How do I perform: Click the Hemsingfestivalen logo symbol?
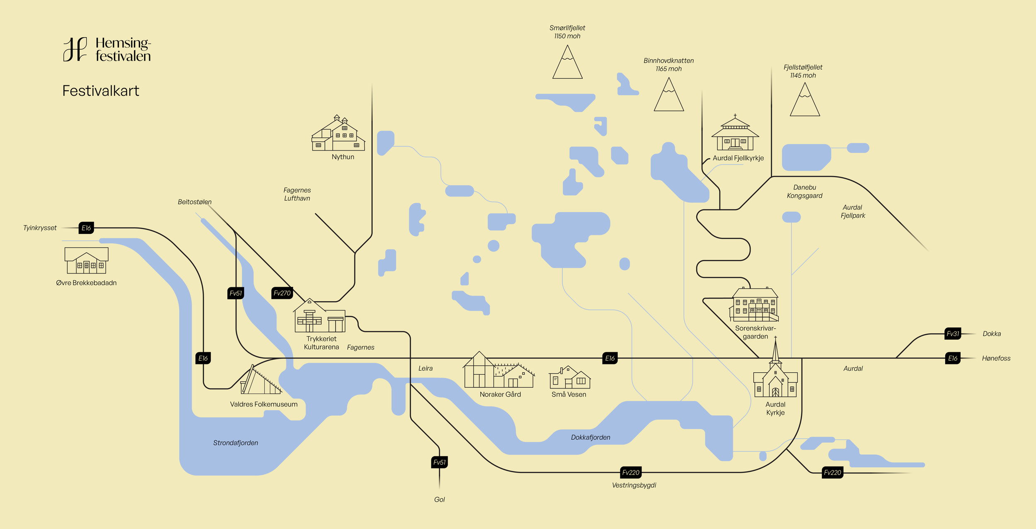pos(75,49)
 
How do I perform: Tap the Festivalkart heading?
pos(101,91)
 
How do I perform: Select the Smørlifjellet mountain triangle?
pos(567,63)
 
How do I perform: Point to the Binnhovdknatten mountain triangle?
pos(668,96)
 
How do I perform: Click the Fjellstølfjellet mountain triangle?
pos(804,101)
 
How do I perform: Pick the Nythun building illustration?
pos(338,133)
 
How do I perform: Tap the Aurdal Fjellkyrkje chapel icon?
pos(735,133)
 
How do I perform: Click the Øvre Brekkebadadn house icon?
pos(86,260)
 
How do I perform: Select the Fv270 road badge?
pos(282,293)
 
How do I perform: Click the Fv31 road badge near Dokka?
pos(953,334)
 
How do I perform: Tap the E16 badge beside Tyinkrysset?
pos(86,228)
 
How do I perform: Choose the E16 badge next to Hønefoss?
pos(953,359)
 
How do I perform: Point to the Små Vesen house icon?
pos(570,377)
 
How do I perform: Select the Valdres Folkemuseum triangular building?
pos(260,380)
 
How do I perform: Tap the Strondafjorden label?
pos(235,443)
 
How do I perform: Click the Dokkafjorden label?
pos(591,437)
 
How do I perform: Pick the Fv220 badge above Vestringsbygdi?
pos(631,473)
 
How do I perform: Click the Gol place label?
pos(439,500)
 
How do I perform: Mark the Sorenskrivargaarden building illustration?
pos(755,305)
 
